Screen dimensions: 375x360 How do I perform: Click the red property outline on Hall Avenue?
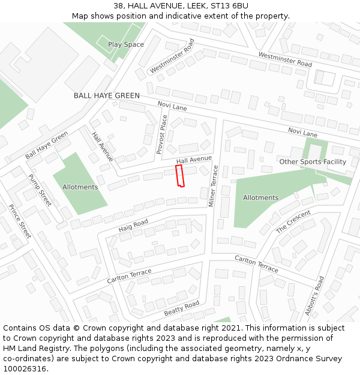coord(179,176)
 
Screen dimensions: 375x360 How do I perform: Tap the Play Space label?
coord(126,44)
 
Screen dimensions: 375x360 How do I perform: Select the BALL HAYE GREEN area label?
coord(107,95)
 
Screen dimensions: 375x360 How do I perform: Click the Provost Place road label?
coord(161,135)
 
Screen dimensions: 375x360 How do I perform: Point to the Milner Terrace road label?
coord(214,187)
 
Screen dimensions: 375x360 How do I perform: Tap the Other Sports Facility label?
coord(313,161)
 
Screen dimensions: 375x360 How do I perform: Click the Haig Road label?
coord(133,226)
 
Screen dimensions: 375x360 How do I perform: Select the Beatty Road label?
coord(181,309)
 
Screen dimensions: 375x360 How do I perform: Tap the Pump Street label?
coord(40,190)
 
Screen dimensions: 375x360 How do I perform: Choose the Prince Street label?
coord(20,221)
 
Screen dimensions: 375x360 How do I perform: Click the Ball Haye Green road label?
coord(47,145)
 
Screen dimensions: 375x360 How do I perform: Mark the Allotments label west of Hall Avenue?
coord(80,187)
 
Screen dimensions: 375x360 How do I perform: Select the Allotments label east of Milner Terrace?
coord(260,197)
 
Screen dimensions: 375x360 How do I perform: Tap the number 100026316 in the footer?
coord(24,368)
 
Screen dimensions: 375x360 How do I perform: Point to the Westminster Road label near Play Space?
coord(172,56)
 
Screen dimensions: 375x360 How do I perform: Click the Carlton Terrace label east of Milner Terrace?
coord(256,263)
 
